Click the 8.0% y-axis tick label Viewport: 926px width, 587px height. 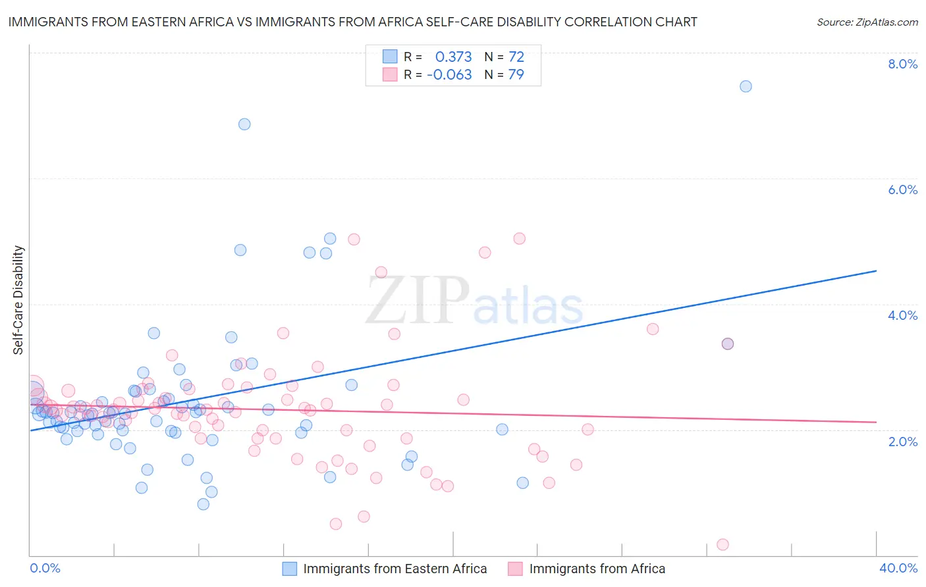coord(902,64)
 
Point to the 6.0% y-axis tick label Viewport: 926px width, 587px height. coord(902,190)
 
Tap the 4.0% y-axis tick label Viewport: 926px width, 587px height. coord(902,315)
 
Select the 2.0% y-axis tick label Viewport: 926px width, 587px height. coord(902,442)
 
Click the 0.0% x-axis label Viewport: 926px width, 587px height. coord(45,568)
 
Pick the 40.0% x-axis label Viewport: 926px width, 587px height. coord(898,568)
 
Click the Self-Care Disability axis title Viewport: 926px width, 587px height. coord(18,300)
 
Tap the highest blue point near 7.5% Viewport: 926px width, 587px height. coord(746,86)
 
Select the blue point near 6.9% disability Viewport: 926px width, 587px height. coord(244,124)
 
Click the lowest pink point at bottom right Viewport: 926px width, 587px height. coord(722,544)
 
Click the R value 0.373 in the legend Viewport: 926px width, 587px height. coord(453,57)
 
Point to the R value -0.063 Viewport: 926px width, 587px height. coord(449,75)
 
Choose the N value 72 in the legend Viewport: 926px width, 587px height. coord(516,57)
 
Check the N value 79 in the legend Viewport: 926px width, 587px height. coord(516,75)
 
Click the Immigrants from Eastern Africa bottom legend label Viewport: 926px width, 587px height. coord(395,569)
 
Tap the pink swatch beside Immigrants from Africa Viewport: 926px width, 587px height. coord(515,569)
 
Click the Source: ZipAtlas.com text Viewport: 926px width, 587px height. coord(867,22)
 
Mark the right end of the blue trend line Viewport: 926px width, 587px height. coord(876,270)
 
